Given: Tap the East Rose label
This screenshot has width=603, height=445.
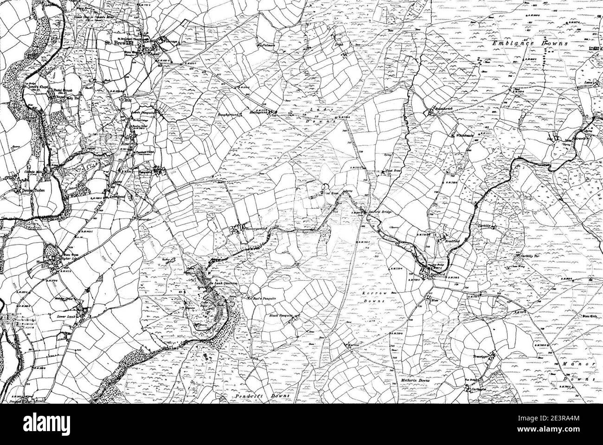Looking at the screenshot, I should coord(394,171).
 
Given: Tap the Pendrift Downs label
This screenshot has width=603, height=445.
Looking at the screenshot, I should coord(260,395).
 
